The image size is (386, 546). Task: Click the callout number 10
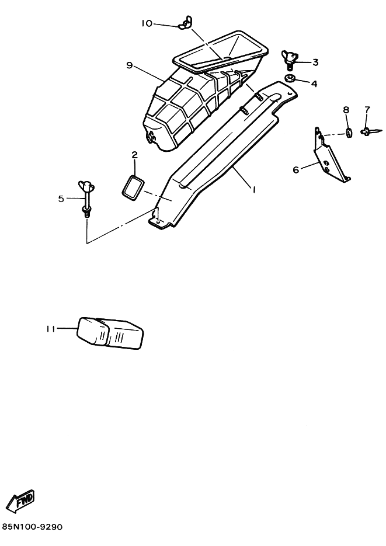[147, 23]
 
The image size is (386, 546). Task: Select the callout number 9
[130, 65]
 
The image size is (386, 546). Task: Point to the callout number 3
[315, 62]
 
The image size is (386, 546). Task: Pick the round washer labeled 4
[290, 78]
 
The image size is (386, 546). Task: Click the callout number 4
[314, 84]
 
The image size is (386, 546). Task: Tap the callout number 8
[346, 110]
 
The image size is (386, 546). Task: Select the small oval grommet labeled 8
[348, 133]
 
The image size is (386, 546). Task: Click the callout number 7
[367, 110]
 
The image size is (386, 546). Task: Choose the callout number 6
[296, 170]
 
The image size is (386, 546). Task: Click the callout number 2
[135, 155]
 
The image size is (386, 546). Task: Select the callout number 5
[61, 199]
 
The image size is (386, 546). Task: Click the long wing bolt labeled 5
[86, 199]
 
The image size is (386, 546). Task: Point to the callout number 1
[255, 189]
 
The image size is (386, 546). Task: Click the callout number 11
[51, 329]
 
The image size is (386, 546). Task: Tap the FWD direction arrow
[20, 501]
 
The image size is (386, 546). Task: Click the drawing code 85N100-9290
[32, 527]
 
